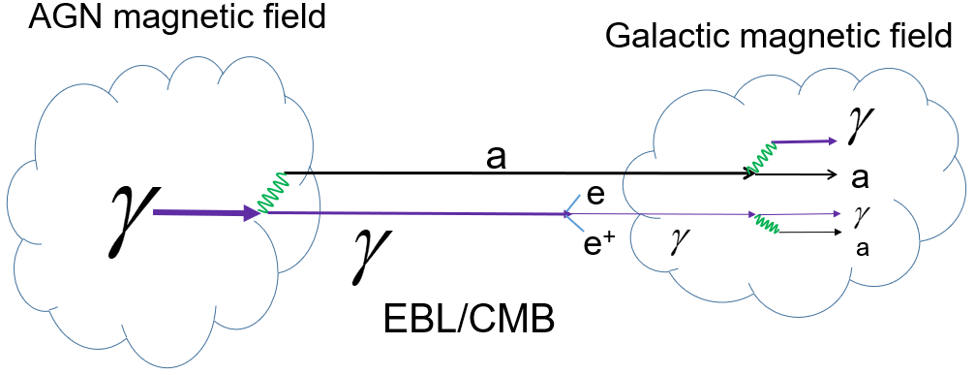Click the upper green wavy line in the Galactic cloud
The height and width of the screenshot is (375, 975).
coord(757,156)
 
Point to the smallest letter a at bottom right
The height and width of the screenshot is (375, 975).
coord(861,248)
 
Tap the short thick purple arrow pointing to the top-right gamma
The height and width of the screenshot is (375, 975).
coord(804,141)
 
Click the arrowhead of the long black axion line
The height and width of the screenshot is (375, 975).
coord(752,174)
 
